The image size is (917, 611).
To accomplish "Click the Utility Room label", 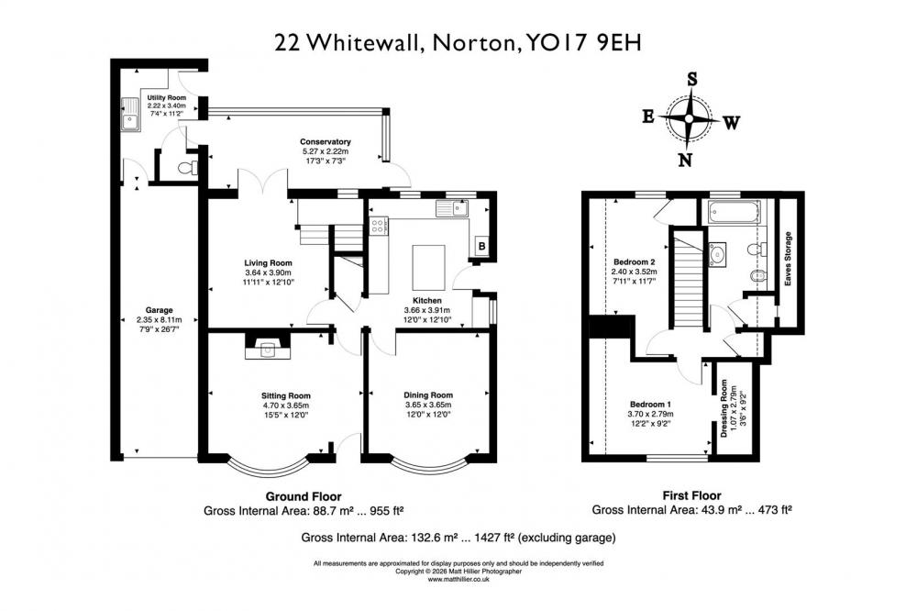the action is click(x=167, y=98).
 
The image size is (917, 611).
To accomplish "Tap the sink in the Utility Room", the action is click(x=131, y=114).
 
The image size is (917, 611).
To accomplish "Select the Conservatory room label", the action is click(x=326, y=141).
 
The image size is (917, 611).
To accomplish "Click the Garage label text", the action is click(x=159, y=310).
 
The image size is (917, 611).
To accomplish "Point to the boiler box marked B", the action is click(x=482, y=247).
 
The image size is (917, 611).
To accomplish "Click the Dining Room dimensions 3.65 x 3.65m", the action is click(x=428, y=405).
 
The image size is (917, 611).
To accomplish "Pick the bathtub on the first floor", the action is click(x=734, y=212).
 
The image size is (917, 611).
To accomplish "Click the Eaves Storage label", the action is click(x=788, y=259).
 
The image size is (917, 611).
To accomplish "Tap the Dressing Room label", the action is click(x=724, y=408).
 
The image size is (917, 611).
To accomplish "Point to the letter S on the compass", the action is click(x=691, y=79).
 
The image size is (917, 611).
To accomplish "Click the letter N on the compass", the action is click(x=685, y=160).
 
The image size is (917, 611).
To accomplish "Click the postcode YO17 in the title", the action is click(x=557, y=43).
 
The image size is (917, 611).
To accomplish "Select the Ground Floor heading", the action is click(x=304, y=497).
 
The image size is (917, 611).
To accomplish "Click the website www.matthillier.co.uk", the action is click(x=458, y=580).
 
